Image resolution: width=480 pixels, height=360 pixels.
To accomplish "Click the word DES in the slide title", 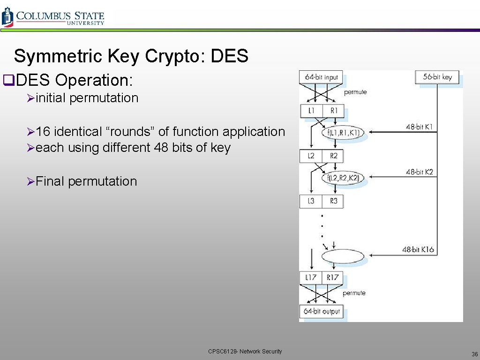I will pyautogui.click(x=229, y=56).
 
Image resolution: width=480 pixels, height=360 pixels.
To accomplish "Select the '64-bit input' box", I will pyautogui.click(x=321, y=77).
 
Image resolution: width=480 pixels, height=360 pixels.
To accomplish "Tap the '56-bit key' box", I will pyautogui.click(x=437, y=77).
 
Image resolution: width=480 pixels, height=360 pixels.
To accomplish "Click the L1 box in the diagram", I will pyautogui.click(x=311, y=111).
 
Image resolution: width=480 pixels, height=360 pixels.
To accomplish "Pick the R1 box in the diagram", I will pyautogui.click(x=333, y=111).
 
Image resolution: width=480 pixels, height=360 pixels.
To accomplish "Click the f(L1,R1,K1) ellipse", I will pyautogui.click(x=343, y=133).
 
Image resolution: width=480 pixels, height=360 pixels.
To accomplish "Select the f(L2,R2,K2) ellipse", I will pyautogui.click(x=343, y=178).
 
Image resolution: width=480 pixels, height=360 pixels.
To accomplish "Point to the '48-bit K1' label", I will pyautogui.click(x=420, y=127).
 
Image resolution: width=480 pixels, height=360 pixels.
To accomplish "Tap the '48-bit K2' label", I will pyautogui.click(x=420, y=172).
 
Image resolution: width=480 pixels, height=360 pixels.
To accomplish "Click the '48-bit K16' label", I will pyautogui.click(x=418, y=249).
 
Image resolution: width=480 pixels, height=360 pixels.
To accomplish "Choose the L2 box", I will pyautogui.click(x=311, y=156).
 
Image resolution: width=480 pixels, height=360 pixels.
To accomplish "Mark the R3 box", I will pyautogui.click(x=333, y=201).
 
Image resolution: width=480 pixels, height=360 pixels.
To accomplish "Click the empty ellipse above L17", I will pyautogui.click(x=343, y=256).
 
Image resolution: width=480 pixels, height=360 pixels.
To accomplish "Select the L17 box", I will pyautogui.click(x=311, y=277).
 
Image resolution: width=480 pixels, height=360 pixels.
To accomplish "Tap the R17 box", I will pyautogui.click(x=333, y=277).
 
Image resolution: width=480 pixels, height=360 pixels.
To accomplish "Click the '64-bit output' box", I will pyautogui.click(x=322, y=311).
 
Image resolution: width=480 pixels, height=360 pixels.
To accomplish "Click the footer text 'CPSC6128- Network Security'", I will pyautogui.click(x=245, y=352).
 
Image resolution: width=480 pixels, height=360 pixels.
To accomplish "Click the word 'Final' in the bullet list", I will pyautogui.click(x=50, y=181).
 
